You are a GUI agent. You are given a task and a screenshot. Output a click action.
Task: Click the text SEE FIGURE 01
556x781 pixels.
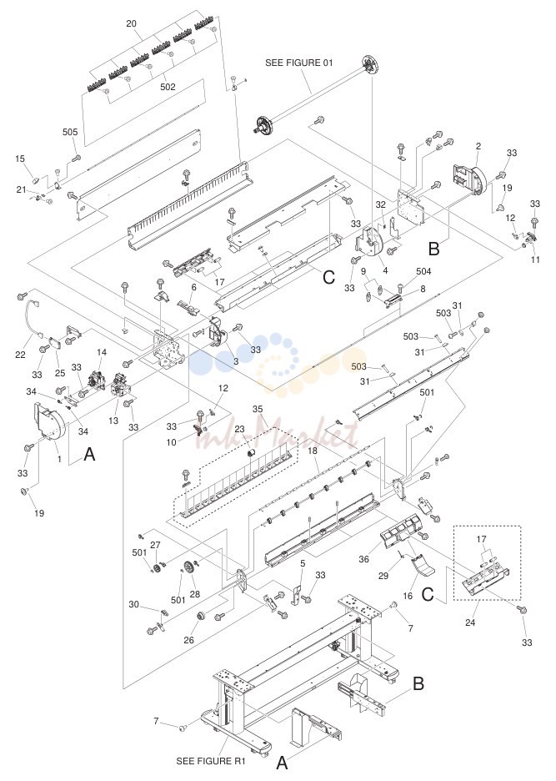coord(298,63)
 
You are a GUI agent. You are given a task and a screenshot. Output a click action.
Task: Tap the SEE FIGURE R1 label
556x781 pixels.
coord(211,761)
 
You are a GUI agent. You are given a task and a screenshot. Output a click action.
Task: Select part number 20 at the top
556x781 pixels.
coord(131,23)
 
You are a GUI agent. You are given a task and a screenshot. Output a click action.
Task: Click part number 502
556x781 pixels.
coord(168,87)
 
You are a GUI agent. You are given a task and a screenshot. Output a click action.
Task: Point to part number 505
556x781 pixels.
coord(70,132)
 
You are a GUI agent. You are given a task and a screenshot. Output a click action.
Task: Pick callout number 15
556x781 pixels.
coord(20,159)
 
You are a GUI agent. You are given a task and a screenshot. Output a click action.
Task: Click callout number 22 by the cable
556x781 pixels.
coord(20,355)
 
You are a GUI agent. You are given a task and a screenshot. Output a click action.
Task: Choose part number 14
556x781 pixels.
coord(102,352)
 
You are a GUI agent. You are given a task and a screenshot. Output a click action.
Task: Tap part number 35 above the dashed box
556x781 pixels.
coord(258,409)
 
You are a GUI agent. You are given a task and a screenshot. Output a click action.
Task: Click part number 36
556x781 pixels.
coord(364,559)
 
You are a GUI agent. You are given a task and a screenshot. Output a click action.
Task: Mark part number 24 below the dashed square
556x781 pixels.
coord(470,622)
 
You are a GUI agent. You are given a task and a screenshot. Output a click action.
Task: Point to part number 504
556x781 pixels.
coord(423,271)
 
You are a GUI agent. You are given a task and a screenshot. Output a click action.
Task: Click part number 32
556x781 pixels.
coord(381,204)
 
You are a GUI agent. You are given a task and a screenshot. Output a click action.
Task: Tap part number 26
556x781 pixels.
coord(188,639)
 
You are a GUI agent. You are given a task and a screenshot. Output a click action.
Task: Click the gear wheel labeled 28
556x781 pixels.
coord(188,568)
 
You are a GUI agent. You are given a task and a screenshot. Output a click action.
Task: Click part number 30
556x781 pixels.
coord(134,604)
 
